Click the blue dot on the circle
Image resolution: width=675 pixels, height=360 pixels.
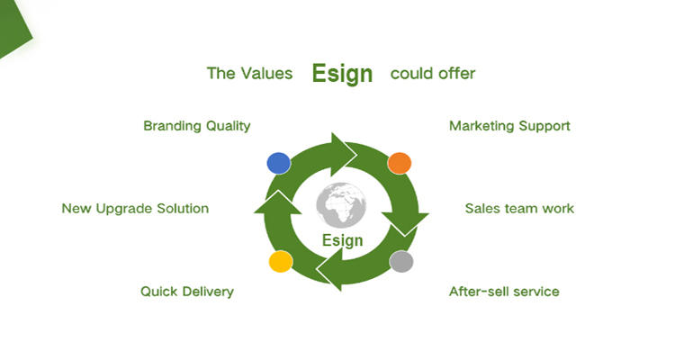(279, 163)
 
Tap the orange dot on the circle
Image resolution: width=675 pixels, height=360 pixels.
(400, 163)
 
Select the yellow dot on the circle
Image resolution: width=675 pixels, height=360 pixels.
(281, 261)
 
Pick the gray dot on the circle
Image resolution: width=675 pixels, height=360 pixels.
(401, 262)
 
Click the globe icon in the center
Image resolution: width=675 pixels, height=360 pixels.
(342, 205)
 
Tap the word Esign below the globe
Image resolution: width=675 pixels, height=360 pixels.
(342, 240)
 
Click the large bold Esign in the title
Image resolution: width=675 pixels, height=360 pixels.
(342, 74)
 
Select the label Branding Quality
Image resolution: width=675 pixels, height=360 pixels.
(196, 126)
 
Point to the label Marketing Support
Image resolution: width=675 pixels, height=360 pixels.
(509, 126)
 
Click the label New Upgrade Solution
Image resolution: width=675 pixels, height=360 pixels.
(135, 208)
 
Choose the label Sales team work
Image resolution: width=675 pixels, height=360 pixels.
(519, 208)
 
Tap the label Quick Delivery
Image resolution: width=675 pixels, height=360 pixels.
(186, 291)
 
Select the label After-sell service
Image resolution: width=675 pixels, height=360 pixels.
(504, 291)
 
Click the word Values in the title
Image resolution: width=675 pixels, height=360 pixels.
(265, 74)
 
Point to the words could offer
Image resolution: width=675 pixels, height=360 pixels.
(432, 74)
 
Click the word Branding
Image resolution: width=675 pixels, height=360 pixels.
(171, 126)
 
